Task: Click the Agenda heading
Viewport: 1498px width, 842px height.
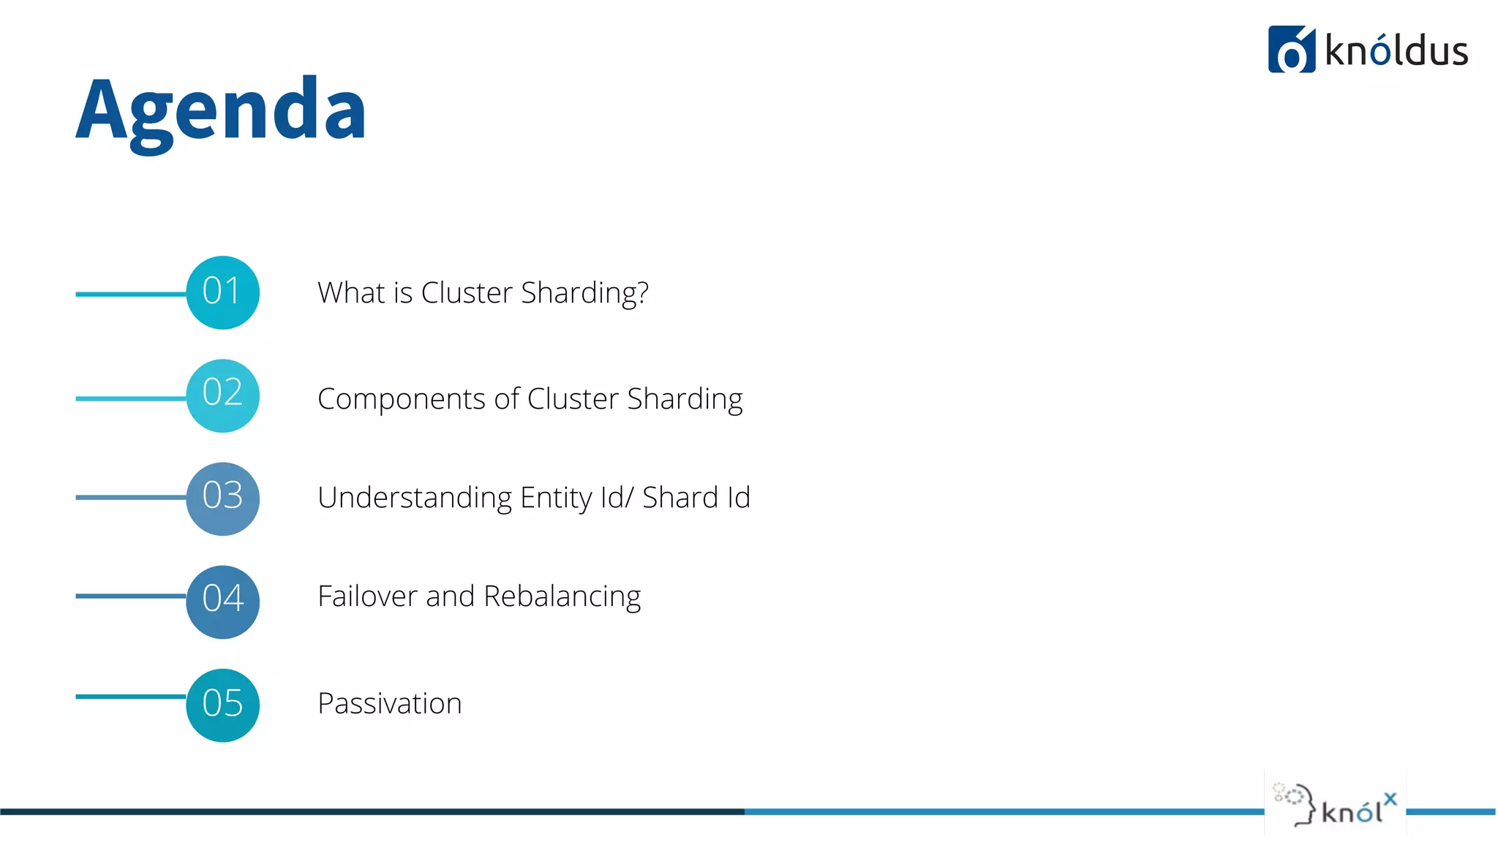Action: [221, 110]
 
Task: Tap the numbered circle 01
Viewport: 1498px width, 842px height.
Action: [222, 292]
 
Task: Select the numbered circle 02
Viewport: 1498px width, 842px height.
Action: [222, 395]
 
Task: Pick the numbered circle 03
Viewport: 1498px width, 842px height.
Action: [222, 498]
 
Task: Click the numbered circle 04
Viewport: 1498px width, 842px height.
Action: [222, 602]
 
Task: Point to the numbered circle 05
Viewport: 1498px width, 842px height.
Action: [222, 705]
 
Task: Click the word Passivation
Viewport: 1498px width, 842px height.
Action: [389, 703]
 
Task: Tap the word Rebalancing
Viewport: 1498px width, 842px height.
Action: [562, 597]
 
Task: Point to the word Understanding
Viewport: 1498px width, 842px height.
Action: [415, 498]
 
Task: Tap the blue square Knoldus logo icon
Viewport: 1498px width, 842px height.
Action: [1291, 50]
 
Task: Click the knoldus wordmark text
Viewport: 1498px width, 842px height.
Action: [1396, 51]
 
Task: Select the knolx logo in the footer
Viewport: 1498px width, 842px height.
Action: [1335, 804]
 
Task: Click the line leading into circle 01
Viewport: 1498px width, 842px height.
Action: [130, 294]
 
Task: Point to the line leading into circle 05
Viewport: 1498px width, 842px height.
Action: [130, 697]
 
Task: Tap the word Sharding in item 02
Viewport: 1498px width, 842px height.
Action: [685, 400]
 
